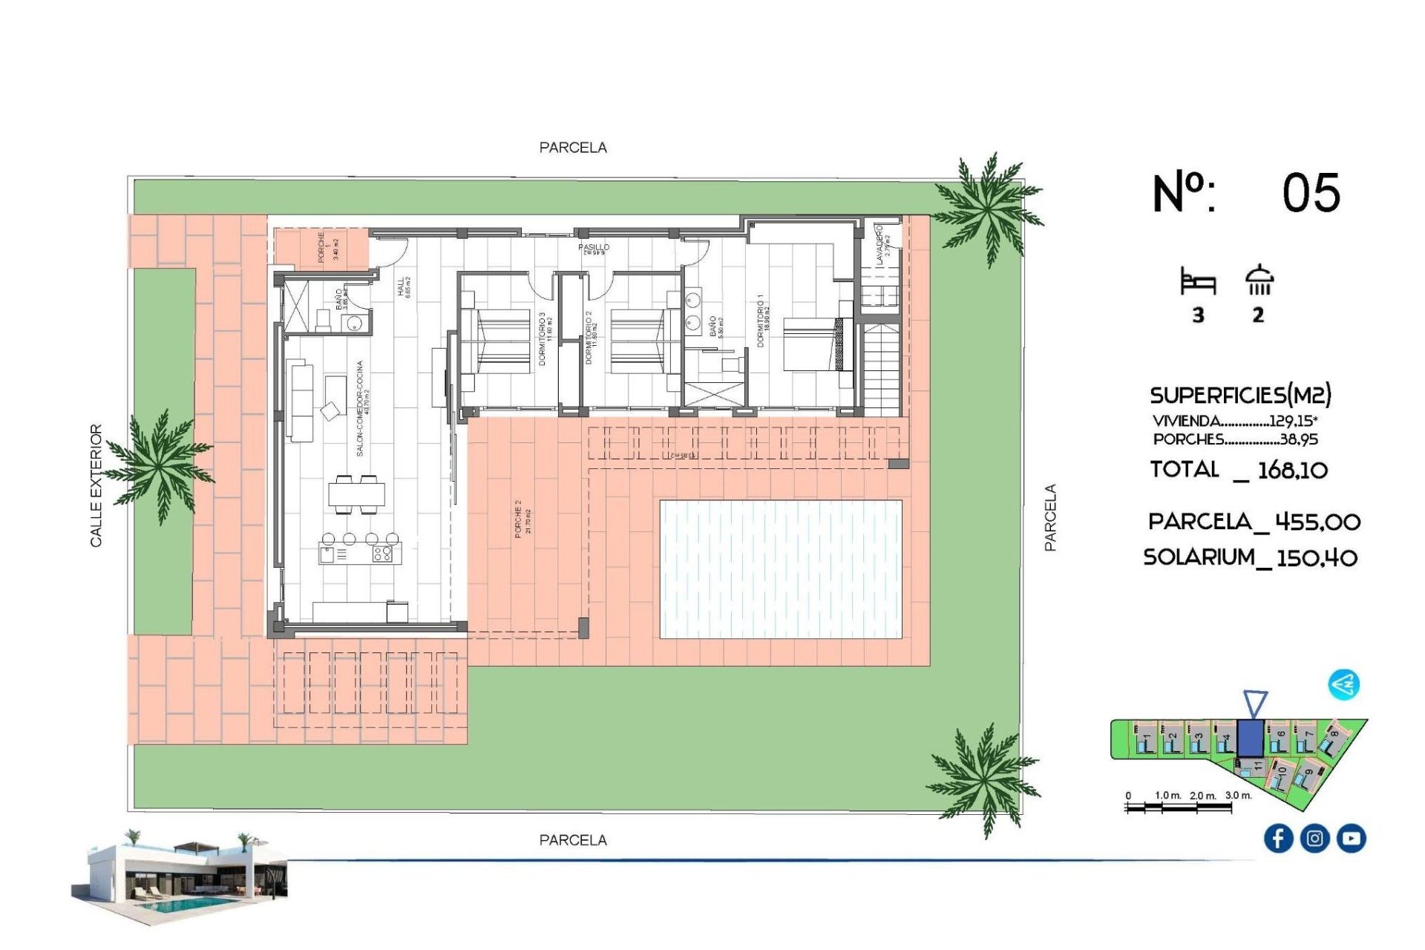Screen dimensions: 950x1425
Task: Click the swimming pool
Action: tap(780, 569)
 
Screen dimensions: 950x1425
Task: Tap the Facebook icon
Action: tap(1278, 839)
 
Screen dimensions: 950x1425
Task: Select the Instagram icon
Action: tap(1314, 839)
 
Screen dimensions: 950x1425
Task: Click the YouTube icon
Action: tap(1351, 839)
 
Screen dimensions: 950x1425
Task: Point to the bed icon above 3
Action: tap(1198, 283)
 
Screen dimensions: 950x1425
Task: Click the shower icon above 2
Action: tap(1259, 281)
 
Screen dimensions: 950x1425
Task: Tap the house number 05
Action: tap(1311, 194)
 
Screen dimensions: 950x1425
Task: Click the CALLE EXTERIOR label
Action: tap(96, 485)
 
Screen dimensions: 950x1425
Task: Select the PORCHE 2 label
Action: tap(519, 518)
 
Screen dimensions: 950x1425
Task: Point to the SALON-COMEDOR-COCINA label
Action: tap(361, 408)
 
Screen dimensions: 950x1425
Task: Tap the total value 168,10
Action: tap(1292, 471)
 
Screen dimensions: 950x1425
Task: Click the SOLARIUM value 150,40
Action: tap(1317, 558)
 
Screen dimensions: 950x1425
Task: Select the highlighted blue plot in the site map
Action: tap(1251, 738)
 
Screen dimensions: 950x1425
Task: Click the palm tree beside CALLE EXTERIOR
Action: tap(160, 465)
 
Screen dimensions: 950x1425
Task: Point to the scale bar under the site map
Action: tap(1179, 807)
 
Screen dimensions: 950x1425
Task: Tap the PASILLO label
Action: tap(594, 247)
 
